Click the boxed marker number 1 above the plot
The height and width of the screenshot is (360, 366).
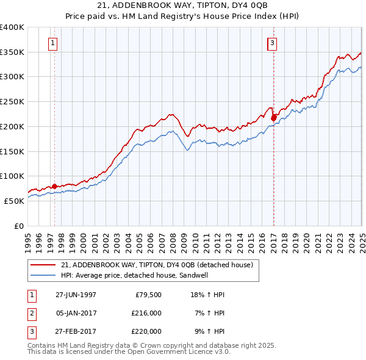(54, 43)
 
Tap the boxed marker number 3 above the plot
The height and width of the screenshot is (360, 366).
(271, 43)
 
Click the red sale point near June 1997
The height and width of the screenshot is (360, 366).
(55, 186)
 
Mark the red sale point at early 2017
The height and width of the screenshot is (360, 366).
(274, 117)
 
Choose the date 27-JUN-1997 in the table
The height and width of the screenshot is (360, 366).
(76, 295)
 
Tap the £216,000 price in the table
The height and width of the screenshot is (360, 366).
(146, 313)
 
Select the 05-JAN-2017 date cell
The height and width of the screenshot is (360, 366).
(76, 313)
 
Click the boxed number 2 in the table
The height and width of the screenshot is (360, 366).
(30, 313)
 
